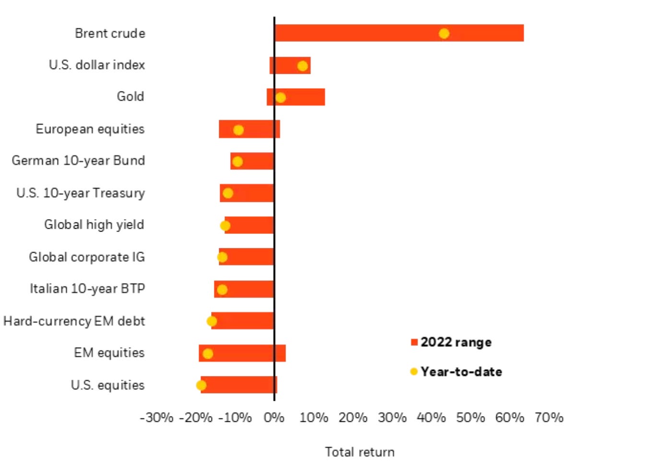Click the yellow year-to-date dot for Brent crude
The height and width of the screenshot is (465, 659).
(x=444, y=34)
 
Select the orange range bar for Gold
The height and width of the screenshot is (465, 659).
(x=302, y=97)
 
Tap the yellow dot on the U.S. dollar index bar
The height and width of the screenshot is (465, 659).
(x=302, y=66)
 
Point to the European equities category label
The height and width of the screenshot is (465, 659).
(x=90, y=129)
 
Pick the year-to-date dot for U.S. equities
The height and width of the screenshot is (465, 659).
(x=201, y=385)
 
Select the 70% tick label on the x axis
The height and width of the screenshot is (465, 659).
(x=549, y=418)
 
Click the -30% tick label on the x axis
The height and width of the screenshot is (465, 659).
(x=156, y=418)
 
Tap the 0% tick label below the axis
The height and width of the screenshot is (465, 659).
(x=274, y=418)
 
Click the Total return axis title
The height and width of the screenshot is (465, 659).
(x=360, y=452)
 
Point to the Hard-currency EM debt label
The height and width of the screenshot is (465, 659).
(x=74, y=321)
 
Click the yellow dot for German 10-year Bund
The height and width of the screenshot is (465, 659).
(x=237, y=162)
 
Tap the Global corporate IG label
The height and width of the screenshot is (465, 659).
(x=87, y=257)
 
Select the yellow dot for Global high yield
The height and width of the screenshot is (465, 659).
(x=225, y=225)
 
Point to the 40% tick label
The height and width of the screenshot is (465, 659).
(x=431, y=418)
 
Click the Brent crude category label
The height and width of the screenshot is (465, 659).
(x=110, y=34)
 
